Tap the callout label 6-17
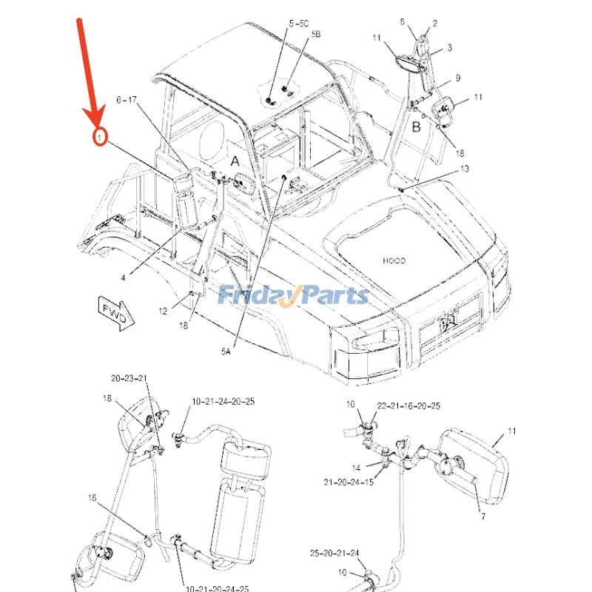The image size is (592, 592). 127,100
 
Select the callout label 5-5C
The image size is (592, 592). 299,24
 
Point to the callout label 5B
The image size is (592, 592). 316,35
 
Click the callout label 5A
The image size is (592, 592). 225,353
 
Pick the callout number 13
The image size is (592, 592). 464,169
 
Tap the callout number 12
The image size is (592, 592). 162,311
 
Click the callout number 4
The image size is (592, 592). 124,277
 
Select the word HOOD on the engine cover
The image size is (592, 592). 394,260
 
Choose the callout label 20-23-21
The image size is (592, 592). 129,378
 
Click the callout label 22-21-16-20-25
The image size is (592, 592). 408,406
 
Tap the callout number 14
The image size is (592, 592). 356,468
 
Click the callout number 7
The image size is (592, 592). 482,516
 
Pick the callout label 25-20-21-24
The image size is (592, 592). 334,554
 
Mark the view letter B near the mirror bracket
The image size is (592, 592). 416,127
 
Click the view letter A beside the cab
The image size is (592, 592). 234,161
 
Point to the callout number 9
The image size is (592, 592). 458,78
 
